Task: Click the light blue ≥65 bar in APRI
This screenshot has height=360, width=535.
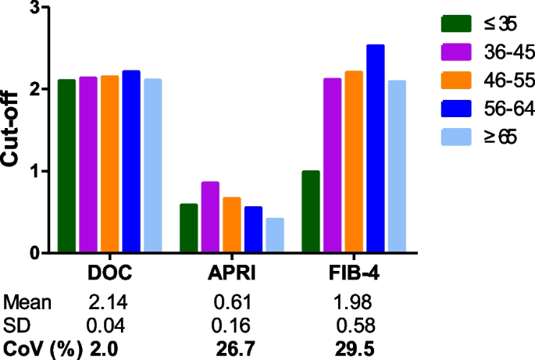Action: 274,235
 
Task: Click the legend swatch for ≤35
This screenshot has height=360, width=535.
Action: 456,24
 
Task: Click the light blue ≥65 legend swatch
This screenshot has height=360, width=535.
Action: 456,137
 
